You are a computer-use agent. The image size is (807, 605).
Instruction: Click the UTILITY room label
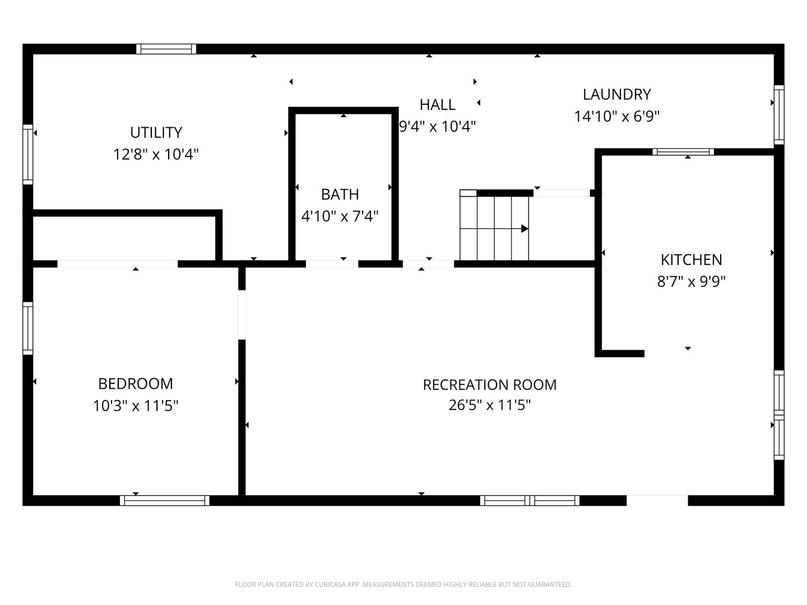156,133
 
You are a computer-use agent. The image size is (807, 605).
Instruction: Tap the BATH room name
340,195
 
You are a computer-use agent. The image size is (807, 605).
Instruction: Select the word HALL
438,105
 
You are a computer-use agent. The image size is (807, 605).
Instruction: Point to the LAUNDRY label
616,95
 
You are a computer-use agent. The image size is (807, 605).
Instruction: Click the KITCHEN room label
691,260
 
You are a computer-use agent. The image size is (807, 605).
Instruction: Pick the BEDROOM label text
135,384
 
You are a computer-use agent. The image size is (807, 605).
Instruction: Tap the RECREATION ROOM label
489,385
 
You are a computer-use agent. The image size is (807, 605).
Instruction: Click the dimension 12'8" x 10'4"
156,155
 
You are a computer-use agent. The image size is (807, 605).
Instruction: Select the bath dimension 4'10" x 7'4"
340,216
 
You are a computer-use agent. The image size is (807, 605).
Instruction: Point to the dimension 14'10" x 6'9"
616,117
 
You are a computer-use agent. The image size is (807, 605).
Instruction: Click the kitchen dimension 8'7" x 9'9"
691,282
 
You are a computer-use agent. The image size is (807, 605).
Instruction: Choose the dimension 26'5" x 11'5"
489,406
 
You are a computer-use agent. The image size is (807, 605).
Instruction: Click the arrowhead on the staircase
525,229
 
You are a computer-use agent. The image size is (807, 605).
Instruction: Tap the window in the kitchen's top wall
683,152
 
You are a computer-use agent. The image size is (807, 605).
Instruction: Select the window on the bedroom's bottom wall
165,501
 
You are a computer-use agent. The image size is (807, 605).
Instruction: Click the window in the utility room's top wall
166,49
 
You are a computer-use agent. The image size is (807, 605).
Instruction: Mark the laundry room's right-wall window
779,115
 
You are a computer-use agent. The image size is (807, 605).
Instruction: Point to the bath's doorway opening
332,264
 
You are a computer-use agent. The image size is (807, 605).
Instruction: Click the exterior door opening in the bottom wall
657,501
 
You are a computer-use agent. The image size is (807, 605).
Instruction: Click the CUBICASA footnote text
403,584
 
